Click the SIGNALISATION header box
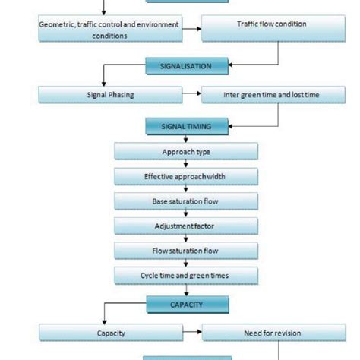187,66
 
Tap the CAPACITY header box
187,305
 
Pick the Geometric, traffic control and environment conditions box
109,29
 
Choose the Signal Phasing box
110,95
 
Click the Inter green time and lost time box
261,95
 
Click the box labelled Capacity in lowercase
110,332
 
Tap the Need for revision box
261,332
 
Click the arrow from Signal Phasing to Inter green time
191,95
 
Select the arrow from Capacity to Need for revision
191,332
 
